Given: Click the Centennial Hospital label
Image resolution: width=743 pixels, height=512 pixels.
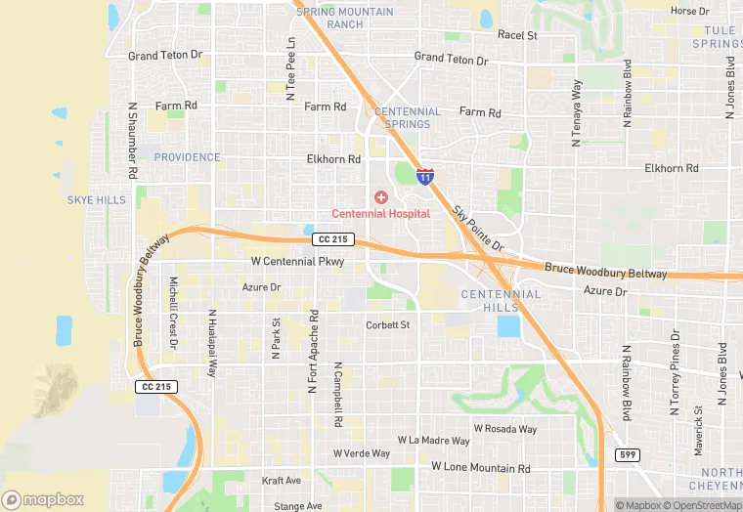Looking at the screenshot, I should tap(381, 214).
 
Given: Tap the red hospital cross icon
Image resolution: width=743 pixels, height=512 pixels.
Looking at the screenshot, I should tap(381, 198).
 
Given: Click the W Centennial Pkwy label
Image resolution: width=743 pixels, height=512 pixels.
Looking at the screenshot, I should tap(297, 262).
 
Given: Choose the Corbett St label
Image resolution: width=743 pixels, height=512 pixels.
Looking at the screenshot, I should tap(387, 325).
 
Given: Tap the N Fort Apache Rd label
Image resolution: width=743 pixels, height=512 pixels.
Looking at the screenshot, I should tap(313, 352).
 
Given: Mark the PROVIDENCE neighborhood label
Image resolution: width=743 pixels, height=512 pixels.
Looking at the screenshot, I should tap(187, 157).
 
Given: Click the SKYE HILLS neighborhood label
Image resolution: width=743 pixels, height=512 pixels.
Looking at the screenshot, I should tap(96, 200).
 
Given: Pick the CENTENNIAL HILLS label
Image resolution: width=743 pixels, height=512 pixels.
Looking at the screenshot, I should tap(501, 300).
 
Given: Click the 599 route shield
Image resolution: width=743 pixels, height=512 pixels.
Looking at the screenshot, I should tap(628, 455).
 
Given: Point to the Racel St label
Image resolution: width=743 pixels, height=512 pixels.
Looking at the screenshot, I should tap(517, 35).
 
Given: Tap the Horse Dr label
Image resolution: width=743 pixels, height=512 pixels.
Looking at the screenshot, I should tap(690, 11).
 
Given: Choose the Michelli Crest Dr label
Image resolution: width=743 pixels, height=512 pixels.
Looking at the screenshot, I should tap(173, 312).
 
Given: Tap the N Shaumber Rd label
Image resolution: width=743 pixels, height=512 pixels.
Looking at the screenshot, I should tap(132, 142).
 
